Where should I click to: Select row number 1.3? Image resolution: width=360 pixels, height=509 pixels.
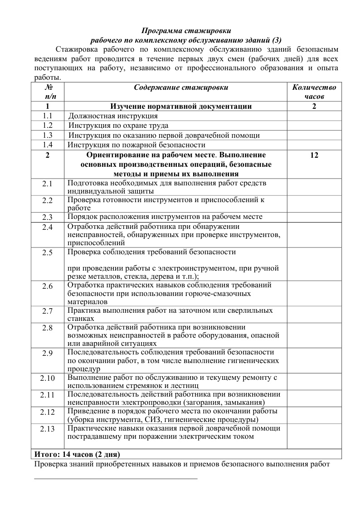[x=48, y=136]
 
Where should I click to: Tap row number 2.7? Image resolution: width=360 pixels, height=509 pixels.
[x=48, y=311]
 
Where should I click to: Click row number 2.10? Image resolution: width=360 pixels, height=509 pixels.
[x=48, y=378]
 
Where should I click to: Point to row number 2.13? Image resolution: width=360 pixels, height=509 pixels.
[x=48, y=429]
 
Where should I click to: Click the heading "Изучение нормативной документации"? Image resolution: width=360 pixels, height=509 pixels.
[x=181, y=107]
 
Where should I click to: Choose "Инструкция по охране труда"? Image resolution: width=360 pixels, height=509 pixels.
[x=118, y=126]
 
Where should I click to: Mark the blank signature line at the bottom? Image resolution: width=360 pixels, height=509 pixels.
[x=116, y=478]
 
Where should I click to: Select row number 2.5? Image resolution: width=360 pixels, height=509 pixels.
[x=48, y=253]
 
